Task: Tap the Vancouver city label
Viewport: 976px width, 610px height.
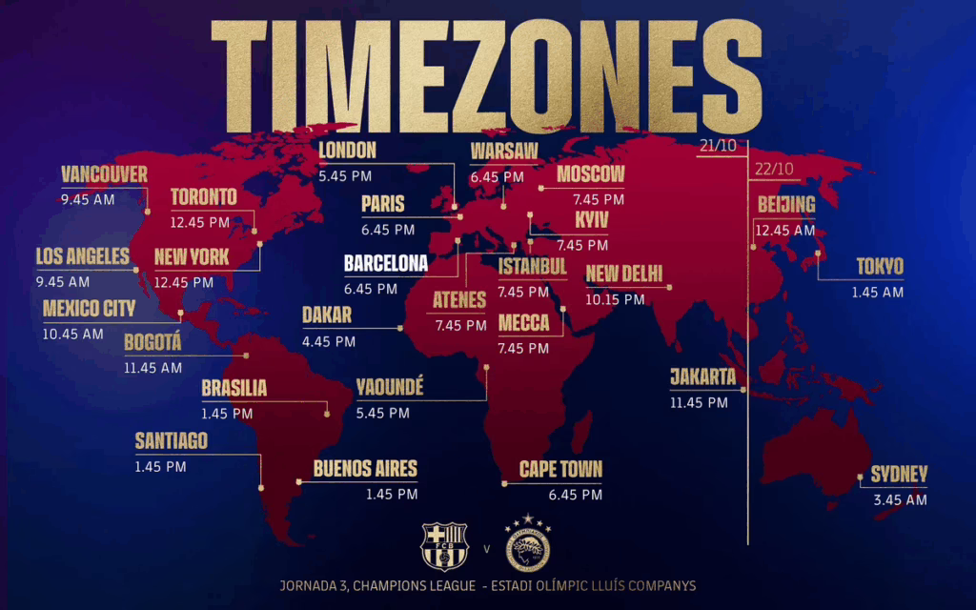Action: (104, 174)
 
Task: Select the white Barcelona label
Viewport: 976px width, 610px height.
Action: (385, 263)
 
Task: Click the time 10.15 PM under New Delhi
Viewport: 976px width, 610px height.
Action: (615, 299)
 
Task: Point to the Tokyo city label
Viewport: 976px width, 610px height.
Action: (879, 267)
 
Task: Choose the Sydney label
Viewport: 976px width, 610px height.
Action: (898, 475)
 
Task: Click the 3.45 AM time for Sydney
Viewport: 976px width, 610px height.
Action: (900, 499)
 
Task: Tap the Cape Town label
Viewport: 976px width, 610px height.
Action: (560, 469)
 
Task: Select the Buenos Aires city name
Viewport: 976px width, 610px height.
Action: (365, 469)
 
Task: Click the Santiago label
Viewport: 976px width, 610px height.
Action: (171, 441)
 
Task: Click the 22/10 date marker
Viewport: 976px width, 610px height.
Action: (773, 169)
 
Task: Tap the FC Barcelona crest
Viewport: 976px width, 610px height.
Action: (444, 545)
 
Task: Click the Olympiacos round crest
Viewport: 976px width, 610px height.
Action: (529, 547)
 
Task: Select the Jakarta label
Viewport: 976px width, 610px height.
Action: (702, 376)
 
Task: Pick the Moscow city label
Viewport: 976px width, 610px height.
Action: (591, 174)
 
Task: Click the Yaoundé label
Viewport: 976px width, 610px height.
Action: (389, 387)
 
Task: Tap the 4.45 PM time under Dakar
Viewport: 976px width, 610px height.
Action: (329, 341)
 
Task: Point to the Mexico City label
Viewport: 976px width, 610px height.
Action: (89, 309)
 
